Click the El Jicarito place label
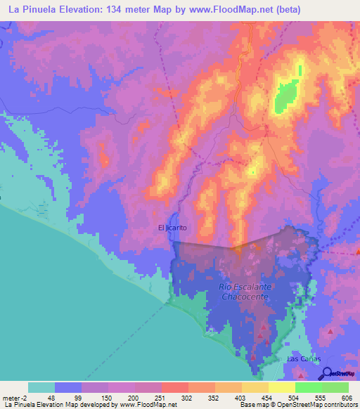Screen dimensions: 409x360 (x=172, y=227)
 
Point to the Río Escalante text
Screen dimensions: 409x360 (x=245, y=287)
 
